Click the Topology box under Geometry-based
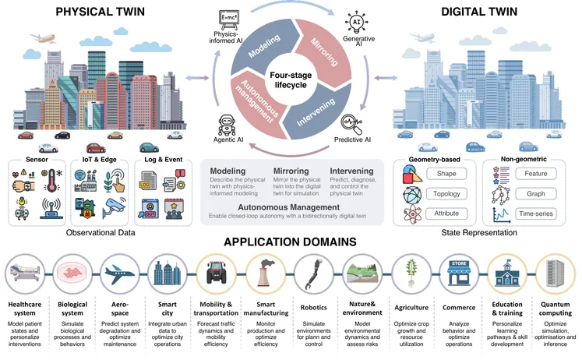click(x=447, y=194)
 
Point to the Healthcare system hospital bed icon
click(x=26, y=274)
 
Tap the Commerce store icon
click(x=459, y=273)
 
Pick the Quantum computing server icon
click(x=556, y=273)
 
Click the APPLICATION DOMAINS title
click(x=290, y=242)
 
